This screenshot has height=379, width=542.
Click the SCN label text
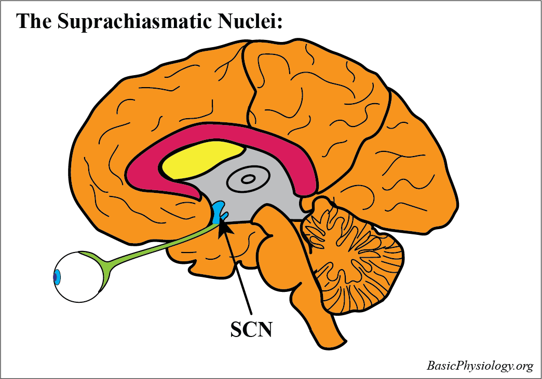251,329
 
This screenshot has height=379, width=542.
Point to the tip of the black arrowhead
220,221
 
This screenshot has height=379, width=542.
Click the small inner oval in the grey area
248,179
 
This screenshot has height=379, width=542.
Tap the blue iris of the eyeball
57,277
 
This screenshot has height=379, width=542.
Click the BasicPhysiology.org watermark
480,366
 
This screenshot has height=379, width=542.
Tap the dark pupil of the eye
55,277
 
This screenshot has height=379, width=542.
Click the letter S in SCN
237,329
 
